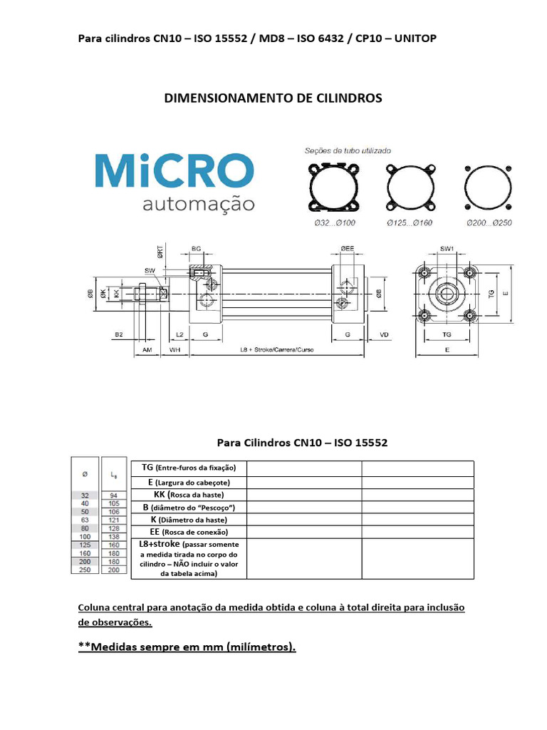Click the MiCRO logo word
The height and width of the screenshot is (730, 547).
click(x=174, y=169)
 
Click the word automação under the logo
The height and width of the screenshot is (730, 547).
click(x=199, y=205)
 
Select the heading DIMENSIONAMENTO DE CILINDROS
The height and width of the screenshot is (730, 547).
click(x=273, y=98)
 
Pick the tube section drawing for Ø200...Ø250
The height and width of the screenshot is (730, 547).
click(x=489, y=187)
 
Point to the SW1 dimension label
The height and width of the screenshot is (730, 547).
click(x=447, y=249)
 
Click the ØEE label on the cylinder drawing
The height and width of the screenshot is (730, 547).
click(x=347, y=249)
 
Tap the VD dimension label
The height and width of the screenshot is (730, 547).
click(x=384, y=334)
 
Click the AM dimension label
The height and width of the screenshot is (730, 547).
click(x=147, y=351)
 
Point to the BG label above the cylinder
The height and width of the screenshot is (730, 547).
click(x=196, y=249)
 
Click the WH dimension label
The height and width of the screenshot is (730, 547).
click(x=174, y=351)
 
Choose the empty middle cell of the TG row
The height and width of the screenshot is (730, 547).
click(x=304, y=468)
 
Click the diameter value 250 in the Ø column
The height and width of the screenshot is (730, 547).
click(x=84, y=570)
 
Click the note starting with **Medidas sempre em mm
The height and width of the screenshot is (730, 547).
click(x=187, y=647)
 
